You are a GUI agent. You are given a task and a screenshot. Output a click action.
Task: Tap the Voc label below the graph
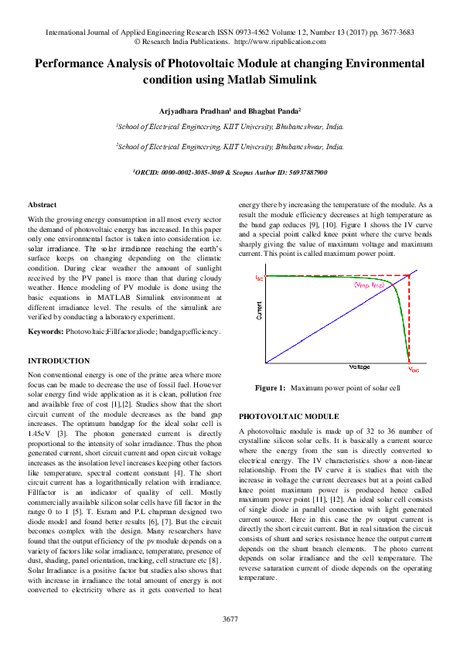pyautogui.click(x=414, y=370)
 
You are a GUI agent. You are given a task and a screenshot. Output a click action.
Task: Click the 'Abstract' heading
pyautogui.click(x=42, y=204)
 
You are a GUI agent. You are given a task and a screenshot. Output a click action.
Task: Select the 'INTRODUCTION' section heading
pyautogui.click(x=59, y=361)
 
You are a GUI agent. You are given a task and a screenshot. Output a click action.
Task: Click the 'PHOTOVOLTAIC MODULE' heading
pyautogui.click(x=289, y=416)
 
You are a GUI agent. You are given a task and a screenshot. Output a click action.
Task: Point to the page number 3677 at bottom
pyautogui.click(x=230, y=619)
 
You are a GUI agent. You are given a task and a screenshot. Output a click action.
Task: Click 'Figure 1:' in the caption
pyautogui.click(x=271, y=387)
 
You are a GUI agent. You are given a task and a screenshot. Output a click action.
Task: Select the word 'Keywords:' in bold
pyautogui.click(x=46, y=331)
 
